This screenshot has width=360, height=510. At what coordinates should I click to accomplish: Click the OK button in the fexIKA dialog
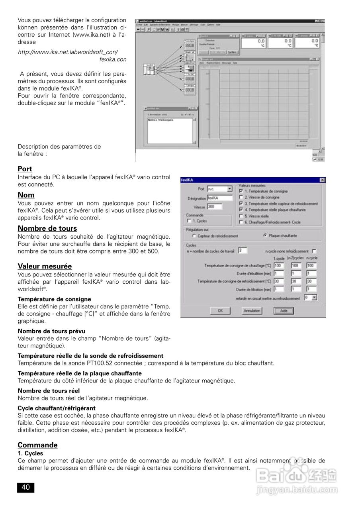point(220,311)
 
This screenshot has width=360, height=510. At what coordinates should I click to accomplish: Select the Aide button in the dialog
point(283,311)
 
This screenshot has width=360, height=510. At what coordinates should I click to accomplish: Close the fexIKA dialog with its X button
point(322,180)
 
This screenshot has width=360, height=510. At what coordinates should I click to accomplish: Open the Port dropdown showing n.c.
point(229,189)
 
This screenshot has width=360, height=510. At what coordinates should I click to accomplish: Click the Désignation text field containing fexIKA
point(219,198)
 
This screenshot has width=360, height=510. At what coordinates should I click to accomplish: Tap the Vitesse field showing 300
point(215,207)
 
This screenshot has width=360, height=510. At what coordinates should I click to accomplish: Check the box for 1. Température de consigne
point(241,191)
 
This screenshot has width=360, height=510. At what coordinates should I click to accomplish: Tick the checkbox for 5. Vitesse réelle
point(241,216)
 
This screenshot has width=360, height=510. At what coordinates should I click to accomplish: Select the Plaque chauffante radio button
point(265,236)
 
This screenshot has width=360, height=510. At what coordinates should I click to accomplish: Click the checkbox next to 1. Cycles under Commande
point(189,221)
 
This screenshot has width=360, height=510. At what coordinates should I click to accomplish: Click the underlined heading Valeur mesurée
point(45,266)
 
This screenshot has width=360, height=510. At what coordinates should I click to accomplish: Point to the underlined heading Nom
point(26,195)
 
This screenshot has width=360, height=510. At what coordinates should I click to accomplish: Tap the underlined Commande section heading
point(37,445)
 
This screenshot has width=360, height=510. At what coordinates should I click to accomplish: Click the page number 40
point(25,487)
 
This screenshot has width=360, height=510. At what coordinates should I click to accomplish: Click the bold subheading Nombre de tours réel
point(49,390)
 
